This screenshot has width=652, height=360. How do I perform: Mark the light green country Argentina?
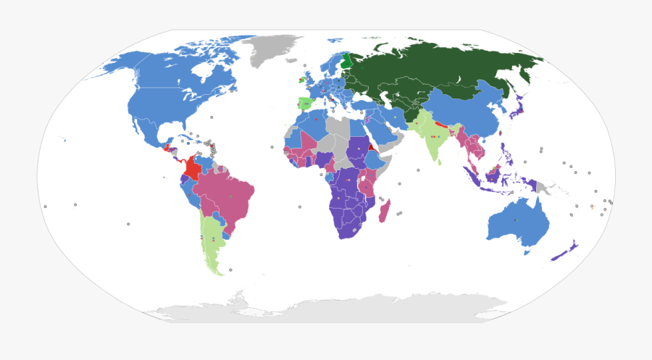pyautogui.click(x=211, y=239)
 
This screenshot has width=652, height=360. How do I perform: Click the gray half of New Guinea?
pyautogui.click(x=542, y=187)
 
